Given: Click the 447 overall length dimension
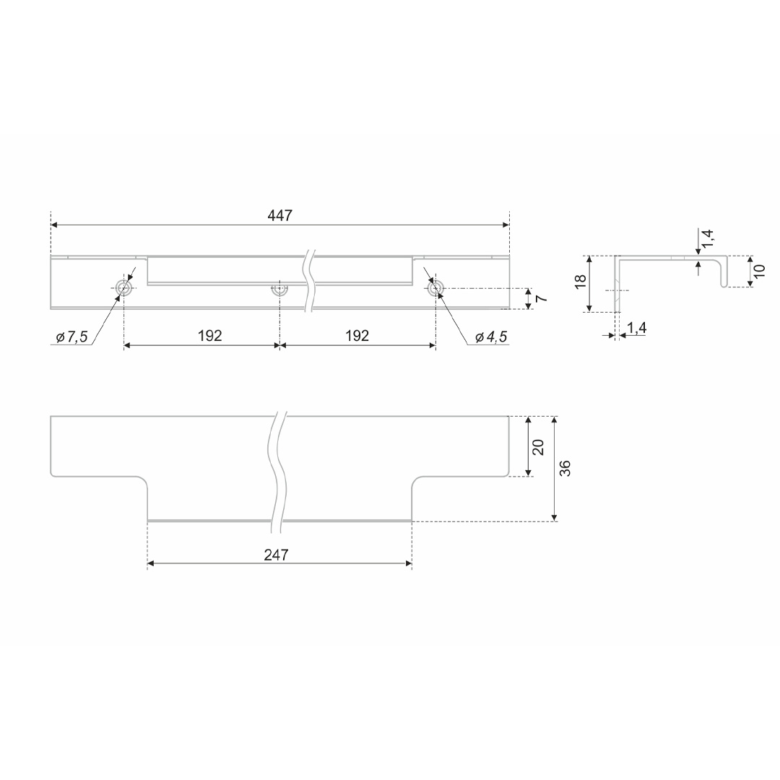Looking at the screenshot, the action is (280, 215).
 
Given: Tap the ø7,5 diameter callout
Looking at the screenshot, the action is (71, 337).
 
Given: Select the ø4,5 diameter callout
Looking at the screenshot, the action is (491, 337).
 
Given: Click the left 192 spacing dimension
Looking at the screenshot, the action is (210, 336).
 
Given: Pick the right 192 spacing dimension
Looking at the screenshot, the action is (357, 336).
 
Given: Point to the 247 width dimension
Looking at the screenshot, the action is (276, 555).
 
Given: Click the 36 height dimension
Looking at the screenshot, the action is (565, 468).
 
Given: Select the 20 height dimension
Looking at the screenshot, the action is (538, 447).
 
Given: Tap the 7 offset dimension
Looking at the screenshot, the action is (542, 298).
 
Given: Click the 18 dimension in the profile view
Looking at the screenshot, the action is (580, 281).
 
